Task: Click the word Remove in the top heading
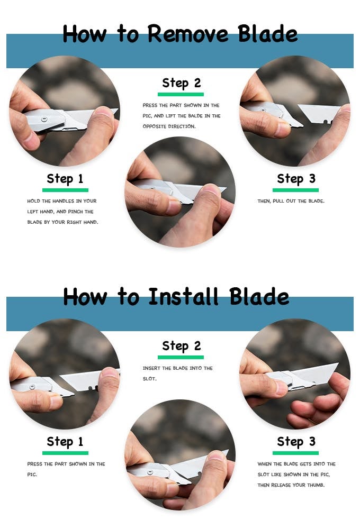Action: tap(188, 34)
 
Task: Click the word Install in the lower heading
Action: tap(184, 297)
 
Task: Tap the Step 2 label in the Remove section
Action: tap(182, 84)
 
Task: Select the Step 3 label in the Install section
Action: tap(296, 442)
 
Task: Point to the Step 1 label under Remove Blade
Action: tap(65, 179)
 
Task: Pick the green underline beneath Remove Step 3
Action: tap(295, 190)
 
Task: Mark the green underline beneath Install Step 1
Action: tap(65, 453)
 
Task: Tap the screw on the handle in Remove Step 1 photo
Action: tap(44, 120)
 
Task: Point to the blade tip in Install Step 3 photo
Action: tap(337, 364)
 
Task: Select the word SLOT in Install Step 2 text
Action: tap(149, 379)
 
